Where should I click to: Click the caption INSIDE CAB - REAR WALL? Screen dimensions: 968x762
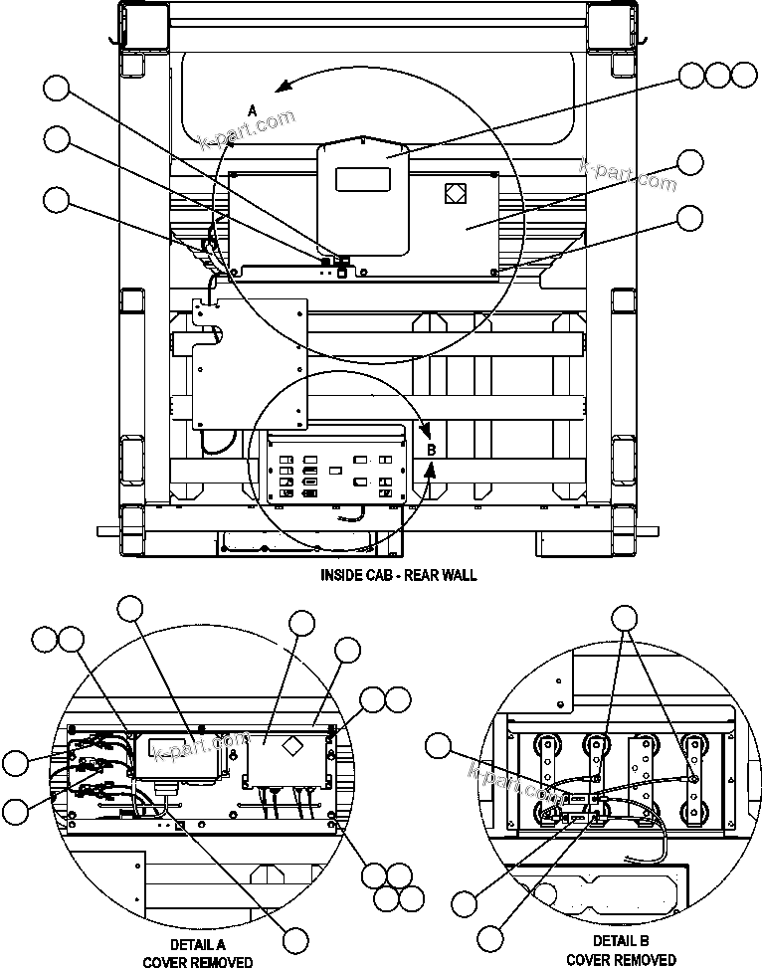coord(398,575)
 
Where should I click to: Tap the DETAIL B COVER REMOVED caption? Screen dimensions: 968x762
coord(621,950)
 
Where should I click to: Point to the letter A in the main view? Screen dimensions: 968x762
coord(253,107)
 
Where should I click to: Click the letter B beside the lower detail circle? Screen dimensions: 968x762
coord(431,450)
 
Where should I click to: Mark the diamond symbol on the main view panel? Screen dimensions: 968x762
coord(455,193)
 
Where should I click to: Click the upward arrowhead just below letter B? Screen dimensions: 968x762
coord(428,475)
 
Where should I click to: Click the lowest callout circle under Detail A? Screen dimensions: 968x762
coord(295,939)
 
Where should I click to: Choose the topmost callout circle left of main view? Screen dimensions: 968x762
coord(57,90)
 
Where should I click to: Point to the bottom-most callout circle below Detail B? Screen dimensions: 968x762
coord(489,937)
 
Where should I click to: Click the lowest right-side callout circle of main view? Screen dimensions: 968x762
coord(689,217)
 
